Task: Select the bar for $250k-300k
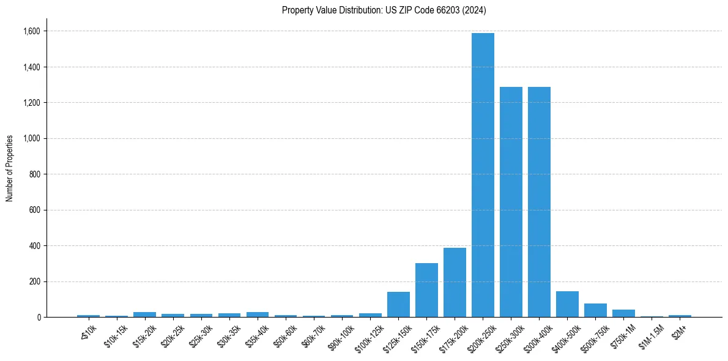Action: (x=511, y=202)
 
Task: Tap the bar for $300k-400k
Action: (x=539, y=202)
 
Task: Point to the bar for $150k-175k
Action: (x=426, y=290)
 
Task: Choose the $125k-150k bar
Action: (x=398, y=305)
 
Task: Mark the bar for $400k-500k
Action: (x=567, y=304)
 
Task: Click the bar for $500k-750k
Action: (x=595, y=310)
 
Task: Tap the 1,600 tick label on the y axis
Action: (x=32, y=31)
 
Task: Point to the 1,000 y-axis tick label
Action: (x=32, y=138)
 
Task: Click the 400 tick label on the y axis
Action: (x=35, y=246)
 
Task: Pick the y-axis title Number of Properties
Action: (x=9, y=168)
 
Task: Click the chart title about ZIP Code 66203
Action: (x=384, y=10)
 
